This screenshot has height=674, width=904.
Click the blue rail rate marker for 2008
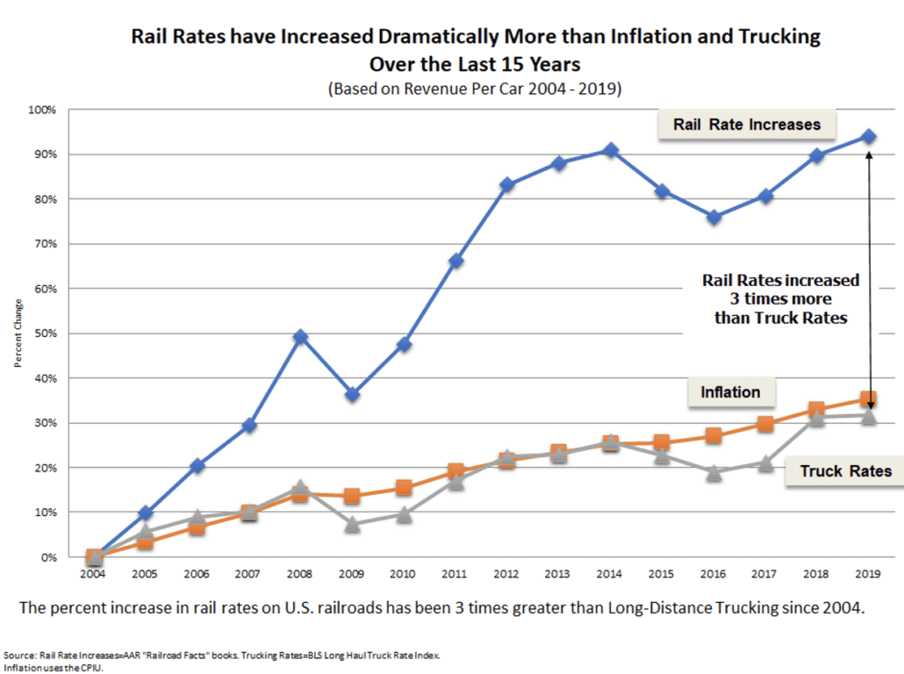[300, 337]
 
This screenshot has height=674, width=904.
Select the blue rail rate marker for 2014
[610, 150]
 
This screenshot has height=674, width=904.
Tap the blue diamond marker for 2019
[868, 136]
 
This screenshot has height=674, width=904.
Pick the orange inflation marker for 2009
[352, 496]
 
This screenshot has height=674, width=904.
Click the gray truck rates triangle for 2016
[714, 473]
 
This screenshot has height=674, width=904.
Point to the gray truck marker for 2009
[352, 524]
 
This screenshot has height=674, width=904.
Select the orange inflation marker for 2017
[765, 424]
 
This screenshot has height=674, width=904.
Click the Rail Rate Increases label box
[747, 125]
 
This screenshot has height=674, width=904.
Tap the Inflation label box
[730, 392]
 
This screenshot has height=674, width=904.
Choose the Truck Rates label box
[845, 471]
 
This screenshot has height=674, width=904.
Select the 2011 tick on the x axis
[455, 573]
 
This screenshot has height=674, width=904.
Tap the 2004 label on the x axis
[93, 573]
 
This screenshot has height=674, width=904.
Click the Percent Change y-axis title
[17, 337]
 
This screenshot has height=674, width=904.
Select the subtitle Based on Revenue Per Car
[474, 89]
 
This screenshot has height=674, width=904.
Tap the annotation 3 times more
[781, 299]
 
